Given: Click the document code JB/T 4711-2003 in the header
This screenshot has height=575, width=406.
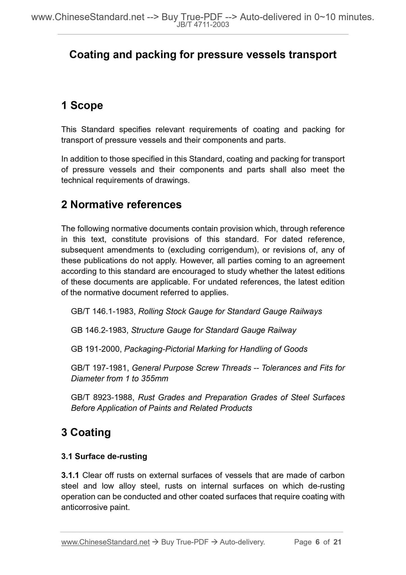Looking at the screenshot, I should point(203,25).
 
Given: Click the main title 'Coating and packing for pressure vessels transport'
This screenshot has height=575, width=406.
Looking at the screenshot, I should point(203,55).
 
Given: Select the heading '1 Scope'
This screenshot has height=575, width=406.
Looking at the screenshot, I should point(82,105).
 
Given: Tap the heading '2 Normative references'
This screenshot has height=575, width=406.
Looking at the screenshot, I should point(121,205).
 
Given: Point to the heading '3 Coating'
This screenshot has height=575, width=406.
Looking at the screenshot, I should point(86,432).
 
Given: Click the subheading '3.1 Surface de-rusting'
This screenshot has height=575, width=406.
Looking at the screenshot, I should point(104,456).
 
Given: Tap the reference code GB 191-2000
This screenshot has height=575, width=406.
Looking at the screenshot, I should point(96,349).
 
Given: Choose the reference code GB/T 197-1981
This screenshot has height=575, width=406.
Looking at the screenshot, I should point(100,368).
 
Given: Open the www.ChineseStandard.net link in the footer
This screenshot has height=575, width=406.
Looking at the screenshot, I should point(105,542).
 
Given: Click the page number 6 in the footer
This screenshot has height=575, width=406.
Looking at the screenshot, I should point(317,542).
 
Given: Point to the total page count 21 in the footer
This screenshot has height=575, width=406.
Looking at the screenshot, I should point(337,542).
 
